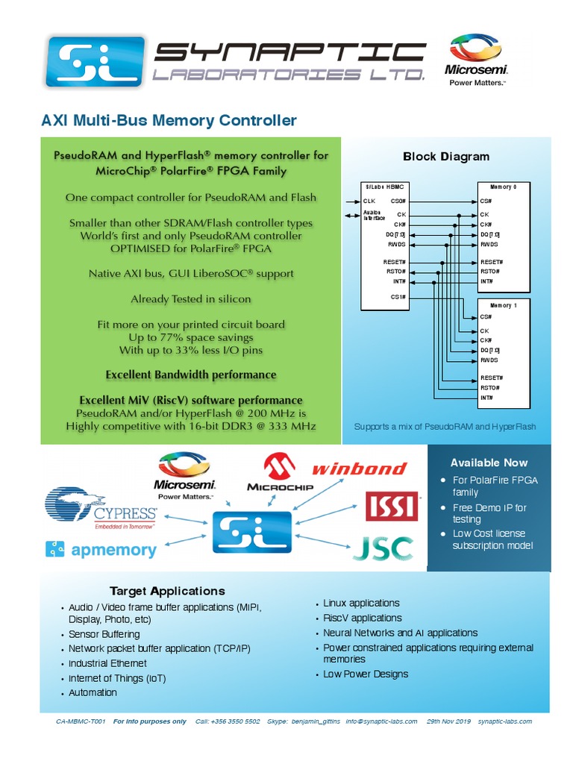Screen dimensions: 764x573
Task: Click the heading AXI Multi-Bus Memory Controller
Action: tap(169, 121)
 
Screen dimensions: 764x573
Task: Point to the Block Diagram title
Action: tap(446, 157)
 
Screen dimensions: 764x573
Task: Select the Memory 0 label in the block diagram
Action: tap(504, 187)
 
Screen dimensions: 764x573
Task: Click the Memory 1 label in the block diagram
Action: tap(504, 306)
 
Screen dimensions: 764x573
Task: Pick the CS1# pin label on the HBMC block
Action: tap(398, 297)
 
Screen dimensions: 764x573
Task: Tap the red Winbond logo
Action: tap(359, 469)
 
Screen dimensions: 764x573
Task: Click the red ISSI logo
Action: tap(392, 506)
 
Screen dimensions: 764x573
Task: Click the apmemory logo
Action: tap(101, 551)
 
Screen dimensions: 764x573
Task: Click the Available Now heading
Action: tap(489, 463)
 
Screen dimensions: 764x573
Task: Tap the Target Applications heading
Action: tap(167, 591)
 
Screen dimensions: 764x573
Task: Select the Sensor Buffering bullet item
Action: tap(104, 634)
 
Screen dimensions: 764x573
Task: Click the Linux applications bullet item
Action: tap(361, 603)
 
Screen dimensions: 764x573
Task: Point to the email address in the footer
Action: tap(381, 721)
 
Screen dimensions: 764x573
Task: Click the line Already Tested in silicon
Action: tap(191, 298)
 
